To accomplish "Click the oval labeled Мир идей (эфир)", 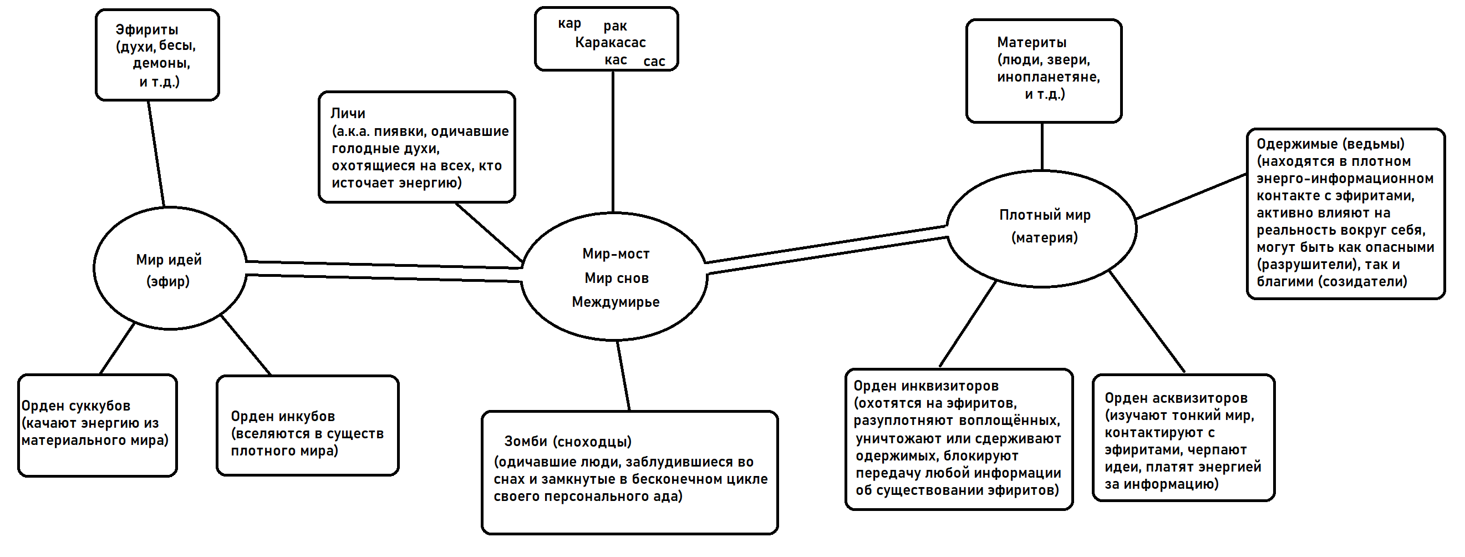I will [x=170, y=269].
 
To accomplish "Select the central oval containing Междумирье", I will [x=614, y=277].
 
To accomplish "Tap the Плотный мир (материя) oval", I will [x=1042, y=227].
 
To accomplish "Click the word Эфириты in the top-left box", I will [x=147, y=29].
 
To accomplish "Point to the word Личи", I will [x=348, y=113].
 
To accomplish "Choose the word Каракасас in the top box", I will [x=610, y=43].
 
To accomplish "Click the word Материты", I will [x=1031, y=42].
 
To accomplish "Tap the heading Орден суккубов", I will [x=75, y=406].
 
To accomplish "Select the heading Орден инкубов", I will [x=283, y=417].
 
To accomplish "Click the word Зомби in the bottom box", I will [x=526, y=442].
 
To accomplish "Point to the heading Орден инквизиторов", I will [x=926, y=386].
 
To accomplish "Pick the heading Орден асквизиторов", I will [x=1176, y=398].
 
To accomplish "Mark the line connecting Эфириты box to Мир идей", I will [x=156, y=154].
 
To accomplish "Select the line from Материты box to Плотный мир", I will [x=1042, y=146].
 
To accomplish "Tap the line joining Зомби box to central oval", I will [x=623, y=376].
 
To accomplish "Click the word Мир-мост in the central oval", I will [x=616, y=254].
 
